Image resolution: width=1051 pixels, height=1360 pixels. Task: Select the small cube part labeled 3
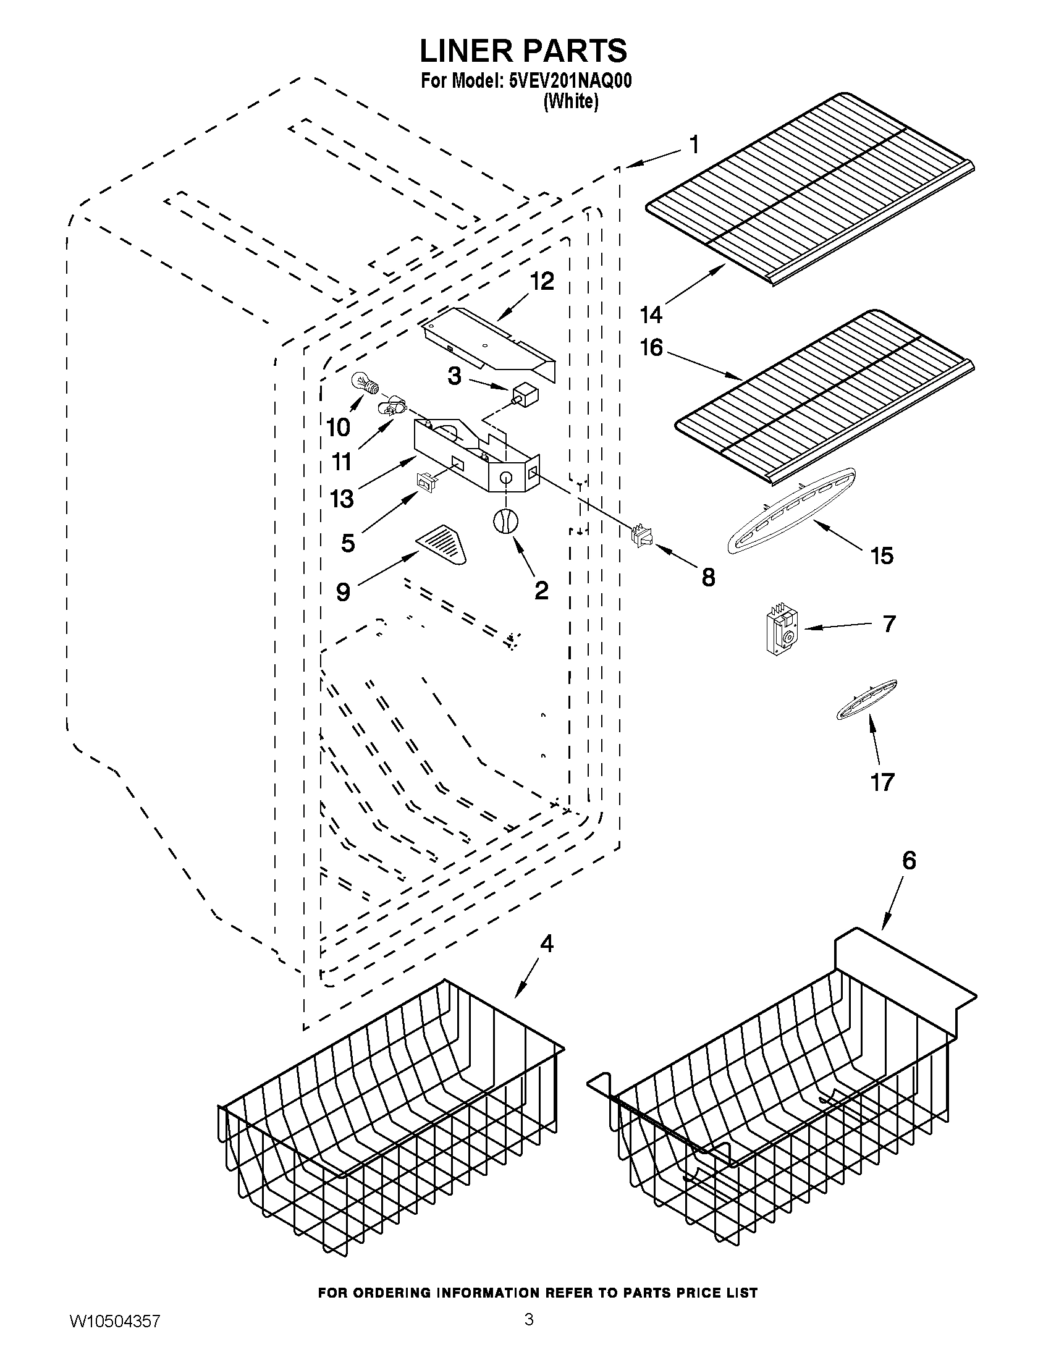click(525, 394)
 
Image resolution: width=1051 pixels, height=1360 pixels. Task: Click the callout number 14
click(651, 315)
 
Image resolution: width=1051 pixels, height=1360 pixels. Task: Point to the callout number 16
click(651, 347)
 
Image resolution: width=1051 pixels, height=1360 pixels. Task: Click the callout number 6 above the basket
click(908, 861)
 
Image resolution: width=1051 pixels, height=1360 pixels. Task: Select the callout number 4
click(546, 944)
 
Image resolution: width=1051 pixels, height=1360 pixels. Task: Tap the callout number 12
click(542, 282)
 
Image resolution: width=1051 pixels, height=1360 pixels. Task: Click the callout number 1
click(694, 145)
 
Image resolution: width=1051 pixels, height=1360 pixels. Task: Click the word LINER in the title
click(473, 51)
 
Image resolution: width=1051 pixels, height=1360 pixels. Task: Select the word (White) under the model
click(570, 101)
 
